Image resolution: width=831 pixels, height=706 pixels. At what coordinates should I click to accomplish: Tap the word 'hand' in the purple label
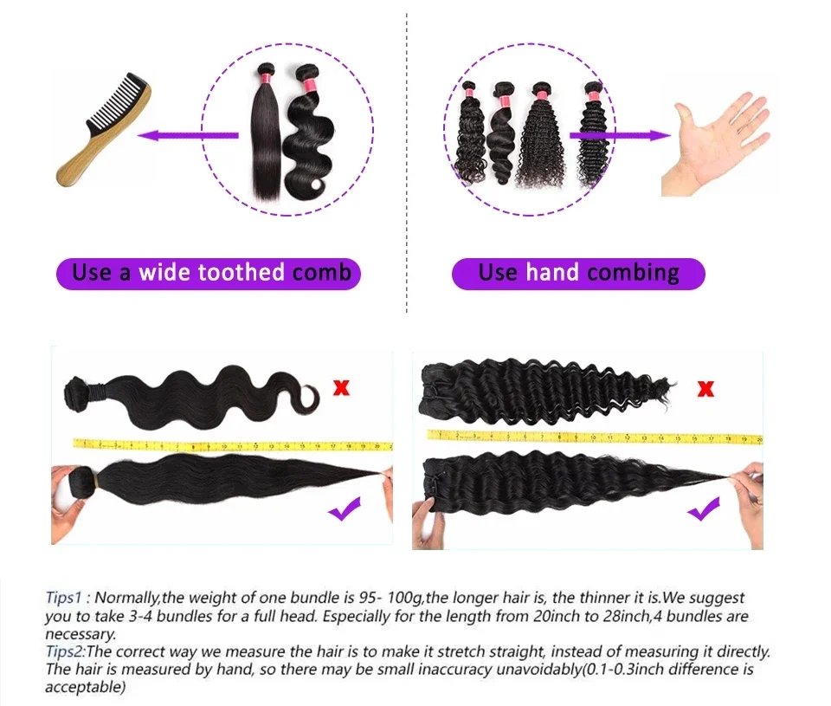551,274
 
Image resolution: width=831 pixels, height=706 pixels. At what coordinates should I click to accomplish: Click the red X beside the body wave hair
342,387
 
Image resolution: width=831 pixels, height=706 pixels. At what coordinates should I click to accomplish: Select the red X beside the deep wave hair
705,388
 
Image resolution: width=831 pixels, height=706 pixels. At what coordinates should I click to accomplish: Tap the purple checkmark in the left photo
344,511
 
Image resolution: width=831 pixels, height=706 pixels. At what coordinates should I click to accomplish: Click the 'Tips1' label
63,599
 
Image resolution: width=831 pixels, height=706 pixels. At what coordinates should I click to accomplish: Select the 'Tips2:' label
65,651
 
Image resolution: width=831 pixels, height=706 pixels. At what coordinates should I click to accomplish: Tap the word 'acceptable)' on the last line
85,688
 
